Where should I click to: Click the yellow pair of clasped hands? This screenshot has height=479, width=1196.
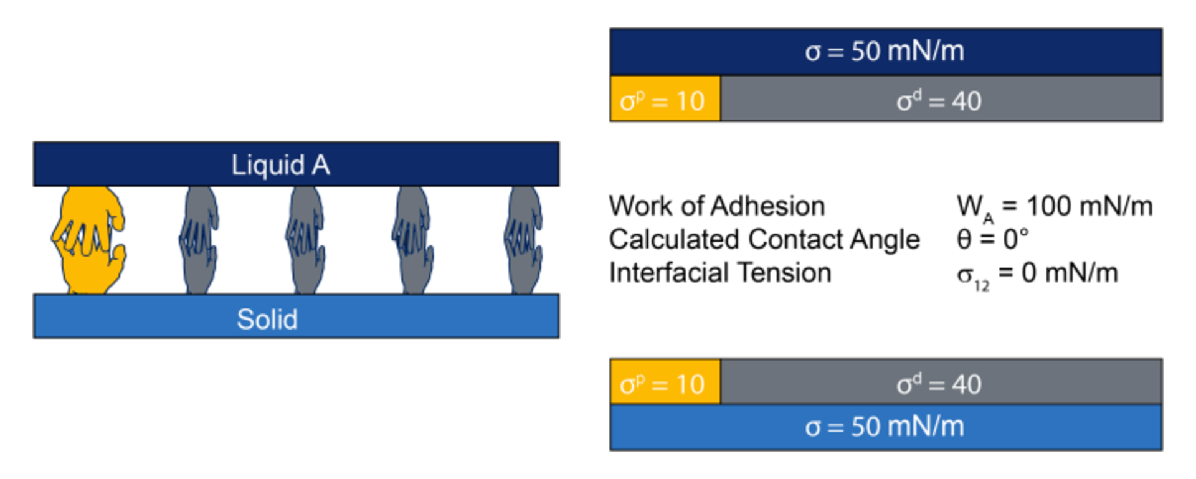(x=88, y=240)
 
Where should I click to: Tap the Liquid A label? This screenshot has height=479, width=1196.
(x=280, y=165)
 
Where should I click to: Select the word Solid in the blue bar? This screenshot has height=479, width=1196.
(x=267, y=319)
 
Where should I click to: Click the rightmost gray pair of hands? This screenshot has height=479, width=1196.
(x=523, y=240)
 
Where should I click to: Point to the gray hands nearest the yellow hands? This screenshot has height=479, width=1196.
(x=199, y=240)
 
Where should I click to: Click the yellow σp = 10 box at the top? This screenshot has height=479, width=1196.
(x=665, y=99)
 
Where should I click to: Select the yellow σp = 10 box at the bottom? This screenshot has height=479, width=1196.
(x=665, y=382)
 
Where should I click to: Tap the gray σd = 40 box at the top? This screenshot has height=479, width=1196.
(x=941, y=99)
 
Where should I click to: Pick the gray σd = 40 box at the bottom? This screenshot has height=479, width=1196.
(x=941, y=382)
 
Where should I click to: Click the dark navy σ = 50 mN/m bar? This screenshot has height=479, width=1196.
(x=886, y=52)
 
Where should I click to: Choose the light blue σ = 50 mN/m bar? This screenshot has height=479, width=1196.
(x=886, y=427)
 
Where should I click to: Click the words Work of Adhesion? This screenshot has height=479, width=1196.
(x=717, y=206)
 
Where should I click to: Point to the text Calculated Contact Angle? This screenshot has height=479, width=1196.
(x=764, y=240)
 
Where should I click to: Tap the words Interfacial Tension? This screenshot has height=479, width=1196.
(x=720, y=273)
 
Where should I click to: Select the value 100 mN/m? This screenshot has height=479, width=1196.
(x=1089, y=206)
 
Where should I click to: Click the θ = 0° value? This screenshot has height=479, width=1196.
(x=992, y=239)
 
